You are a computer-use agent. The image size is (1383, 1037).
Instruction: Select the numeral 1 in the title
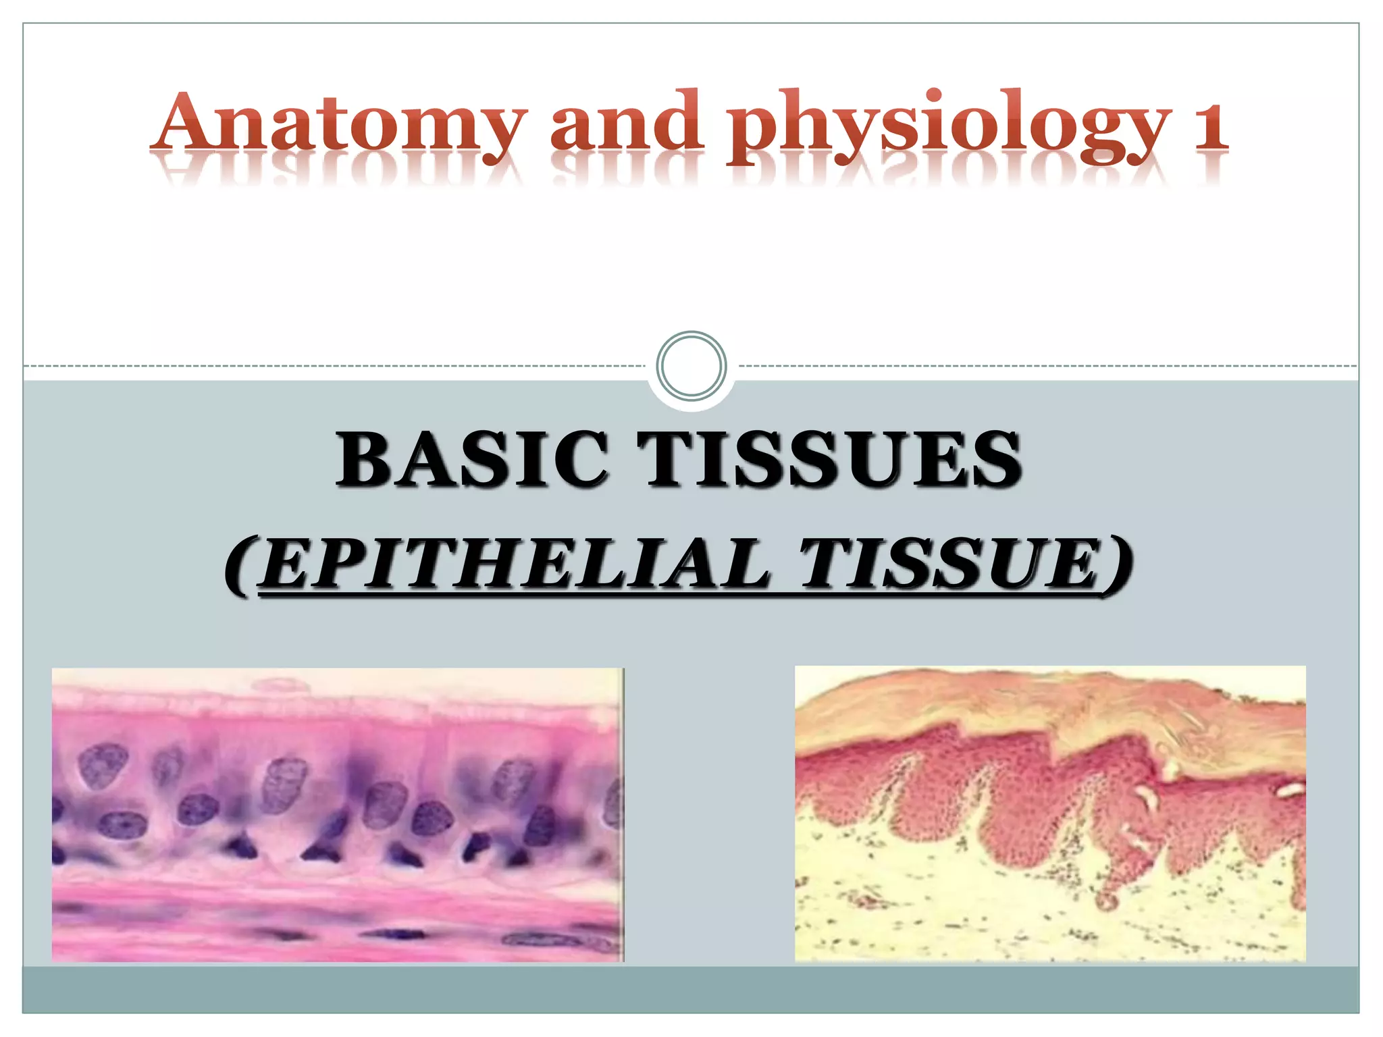pos(1209,125)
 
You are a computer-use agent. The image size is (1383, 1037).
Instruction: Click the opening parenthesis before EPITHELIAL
pos(240,566)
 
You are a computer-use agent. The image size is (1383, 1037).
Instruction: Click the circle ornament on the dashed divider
pos(691,366)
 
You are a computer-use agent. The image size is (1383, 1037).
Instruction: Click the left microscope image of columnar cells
pos(338,814)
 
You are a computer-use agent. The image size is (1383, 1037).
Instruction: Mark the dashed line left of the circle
pos(338,366)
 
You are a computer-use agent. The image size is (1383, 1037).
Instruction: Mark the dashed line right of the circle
pos(1047,366)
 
